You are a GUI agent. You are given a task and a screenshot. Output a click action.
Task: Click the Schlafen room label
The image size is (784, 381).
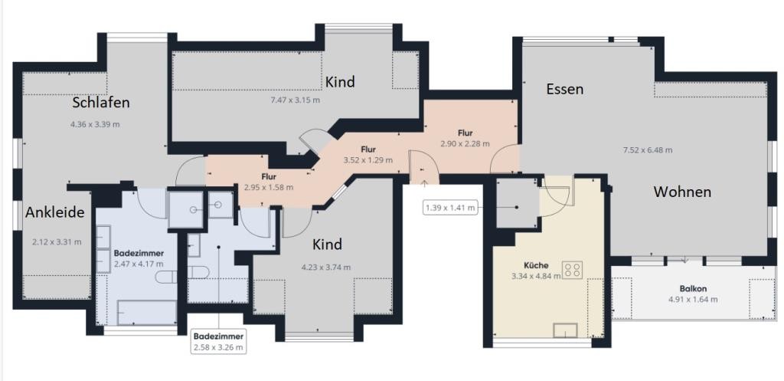(101, 103)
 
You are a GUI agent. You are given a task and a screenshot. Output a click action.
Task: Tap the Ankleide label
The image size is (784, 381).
(55, 213)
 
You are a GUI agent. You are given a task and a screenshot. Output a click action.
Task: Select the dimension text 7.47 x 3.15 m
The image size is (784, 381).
(295, 100)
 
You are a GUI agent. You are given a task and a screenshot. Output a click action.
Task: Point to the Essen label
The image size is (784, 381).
(565, 89)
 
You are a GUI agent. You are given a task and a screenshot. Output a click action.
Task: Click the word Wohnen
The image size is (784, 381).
(682, 192)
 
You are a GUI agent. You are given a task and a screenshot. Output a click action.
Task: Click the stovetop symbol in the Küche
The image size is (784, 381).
(573, 270)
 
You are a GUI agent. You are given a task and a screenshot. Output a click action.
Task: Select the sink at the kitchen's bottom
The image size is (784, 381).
(566, 330)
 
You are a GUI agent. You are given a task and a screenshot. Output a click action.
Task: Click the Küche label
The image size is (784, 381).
(537, 265)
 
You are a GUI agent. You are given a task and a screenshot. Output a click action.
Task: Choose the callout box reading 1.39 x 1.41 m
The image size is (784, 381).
(450, 207)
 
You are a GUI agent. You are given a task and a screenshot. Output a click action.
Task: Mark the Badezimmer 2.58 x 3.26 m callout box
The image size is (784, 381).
(220, 341)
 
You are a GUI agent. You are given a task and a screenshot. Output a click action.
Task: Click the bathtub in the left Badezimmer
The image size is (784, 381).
(147, 313)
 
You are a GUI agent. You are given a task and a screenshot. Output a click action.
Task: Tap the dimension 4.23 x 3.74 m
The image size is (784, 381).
(326, 267)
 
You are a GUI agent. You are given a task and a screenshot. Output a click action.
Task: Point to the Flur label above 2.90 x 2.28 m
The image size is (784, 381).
(465, 133)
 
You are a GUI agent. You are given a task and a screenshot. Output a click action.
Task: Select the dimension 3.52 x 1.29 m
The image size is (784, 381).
(368, 160)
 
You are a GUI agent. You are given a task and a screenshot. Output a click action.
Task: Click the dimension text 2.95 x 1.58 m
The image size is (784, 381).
(269, 187)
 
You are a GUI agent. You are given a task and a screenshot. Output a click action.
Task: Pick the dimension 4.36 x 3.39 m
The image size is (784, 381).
(96, 124)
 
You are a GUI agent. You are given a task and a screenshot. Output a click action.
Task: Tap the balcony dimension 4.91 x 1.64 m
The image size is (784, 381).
(693, 300)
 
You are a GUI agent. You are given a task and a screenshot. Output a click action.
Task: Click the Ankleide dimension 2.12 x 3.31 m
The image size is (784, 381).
(57, 241)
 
